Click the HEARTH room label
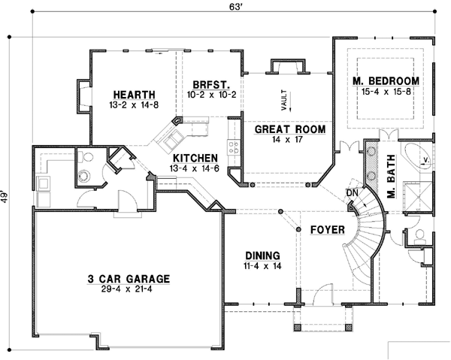(135, 94)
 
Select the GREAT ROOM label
(289, 129)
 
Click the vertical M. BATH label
(391, 183)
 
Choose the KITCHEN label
(195, 158)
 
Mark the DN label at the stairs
(350, 192)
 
